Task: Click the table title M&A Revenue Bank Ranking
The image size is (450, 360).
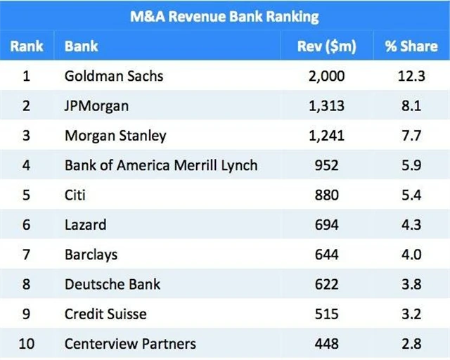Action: pos(224,16)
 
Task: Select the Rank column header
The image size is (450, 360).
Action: pos(27,46)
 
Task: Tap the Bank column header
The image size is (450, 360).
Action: pos(81,46)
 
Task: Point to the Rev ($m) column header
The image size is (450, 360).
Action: pos(327,46)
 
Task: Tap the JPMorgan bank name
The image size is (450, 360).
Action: pos(96,105)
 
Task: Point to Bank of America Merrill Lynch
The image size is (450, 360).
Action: pos(161,165)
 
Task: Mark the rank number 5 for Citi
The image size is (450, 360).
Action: pos(27,195)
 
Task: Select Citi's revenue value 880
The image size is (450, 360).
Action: pos(327,195)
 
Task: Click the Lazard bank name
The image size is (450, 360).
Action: pos(85,225)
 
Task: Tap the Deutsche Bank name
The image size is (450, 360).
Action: pos(112,284)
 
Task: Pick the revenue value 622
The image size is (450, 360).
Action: pos(327,284)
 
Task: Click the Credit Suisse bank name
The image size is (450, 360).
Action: pos(105,314)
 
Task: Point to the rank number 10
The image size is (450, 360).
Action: pos(27,344)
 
